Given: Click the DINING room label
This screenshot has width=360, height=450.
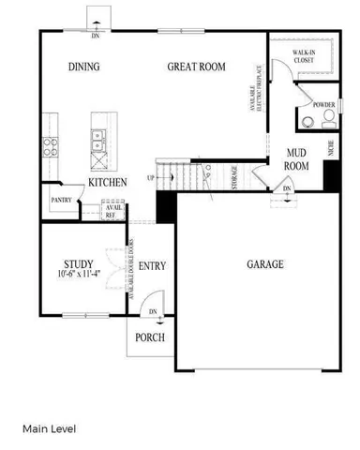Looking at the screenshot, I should click(x=84, y=67).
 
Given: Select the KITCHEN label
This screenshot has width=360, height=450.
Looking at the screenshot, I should click(x=108, y=182).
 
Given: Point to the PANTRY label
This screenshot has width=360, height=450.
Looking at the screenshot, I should click(x=62, y=200).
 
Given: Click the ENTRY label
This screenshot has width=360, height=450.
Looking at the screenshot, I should click(x=152, y=266).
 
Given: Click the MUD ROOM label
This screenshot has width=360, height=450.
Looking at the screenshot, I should click(x=297, y=158).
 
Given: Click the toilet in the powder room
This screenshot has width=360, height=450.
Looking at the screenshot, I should click(x=328, y=120).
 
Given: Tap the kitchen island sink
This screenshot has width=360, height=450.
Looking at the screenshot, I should click(x=98, y=141).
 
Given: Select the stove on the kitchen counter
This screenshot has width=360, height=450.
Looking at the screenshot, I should click(x=48, y=147).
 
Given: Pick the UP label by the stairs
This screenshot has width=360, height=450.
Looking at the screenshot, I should click(x=150, y=177).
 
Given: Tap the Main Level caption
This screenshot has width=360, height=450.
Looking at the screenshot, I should click(x=50, y=428).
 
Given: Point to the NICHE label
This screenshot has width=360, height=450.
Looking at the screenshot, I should click(x=331, y=147).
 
